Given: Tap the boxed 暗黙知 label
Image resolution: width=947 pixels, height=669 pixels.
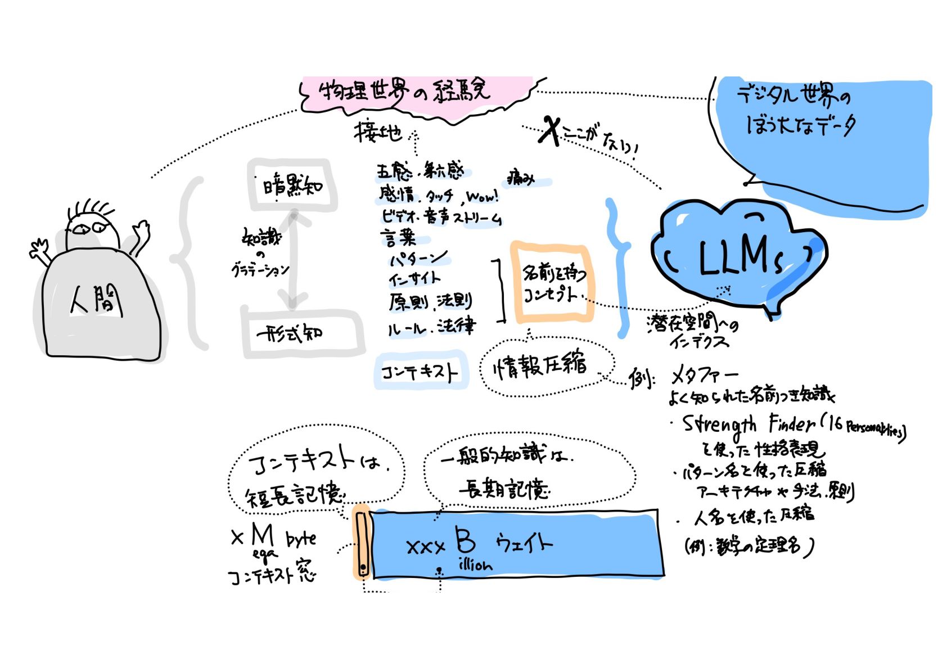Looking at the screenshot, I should [x=292, y=185].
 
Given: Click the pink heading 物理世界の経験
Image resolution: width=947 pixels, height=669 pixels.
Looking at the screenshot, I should [x=404, y=92].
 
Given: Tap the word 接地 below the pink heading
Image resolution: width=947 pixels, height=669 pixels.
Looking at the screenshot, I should [x=377, y=132].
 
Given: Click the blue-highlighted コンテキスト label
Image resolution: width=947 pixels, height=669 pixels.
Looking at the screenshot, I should [x=420, y=372].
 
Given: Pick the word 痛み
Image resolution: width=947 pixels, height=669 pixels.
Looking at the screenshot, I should [x=520, y=178].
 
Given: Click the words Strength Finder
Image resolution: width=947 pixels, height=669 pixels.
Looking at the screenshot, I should [x=748, y=425].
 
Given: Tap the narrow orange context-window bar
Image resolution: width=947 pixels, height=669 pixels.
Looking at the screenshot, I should [x=362, y=543].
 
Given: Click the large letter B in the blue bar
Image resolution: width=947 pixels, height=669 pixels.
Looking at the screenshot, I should [x=466, y=541].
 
